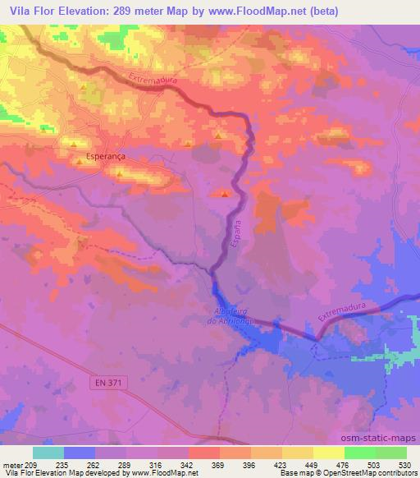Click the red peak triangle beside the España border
click(225, 194)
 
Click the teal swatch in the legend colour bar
click(48, 453)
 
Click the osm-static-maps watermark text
click(385, 437)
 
